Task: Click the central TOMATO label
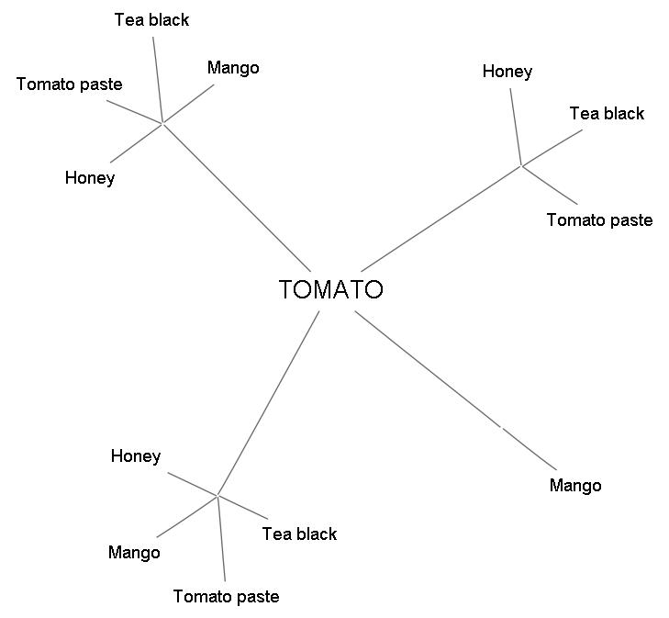[x=330, y=290]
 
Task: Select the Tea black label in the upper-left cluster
[x=151, y=20]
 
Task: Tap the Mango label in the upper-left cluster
[x=233, y=68]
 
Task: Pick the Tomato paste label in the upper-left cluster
[x=69, y=84]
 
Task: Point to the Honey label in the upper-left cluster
[x=90, y=178]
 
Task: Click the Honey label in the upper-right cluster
[x=507, y=72]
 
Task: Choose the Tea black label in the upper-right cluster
[x=607, y=114]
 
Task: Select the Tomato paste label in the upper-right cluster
[x=599, y=220]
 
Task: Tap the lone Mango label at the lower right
[x=575, y=486]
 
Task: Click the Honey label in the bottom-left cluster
[x=136, y=456]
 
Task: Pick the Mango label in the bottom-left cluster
[x=134, y=553]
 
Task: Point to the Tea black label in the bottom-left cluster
[x=299, y=534]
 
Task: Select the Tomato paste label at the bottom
[x=226, y=597]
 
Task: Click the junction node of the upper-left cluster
[x=162, y=122]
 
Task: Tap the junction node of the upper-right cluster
[x=521, y=166]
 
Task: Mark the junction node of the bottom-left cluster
[x=218, y=496]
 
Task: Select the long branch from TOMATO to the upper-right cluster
[x=441, y=219]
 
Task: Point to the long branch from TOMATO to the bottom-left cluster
[x=269, y=404]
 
